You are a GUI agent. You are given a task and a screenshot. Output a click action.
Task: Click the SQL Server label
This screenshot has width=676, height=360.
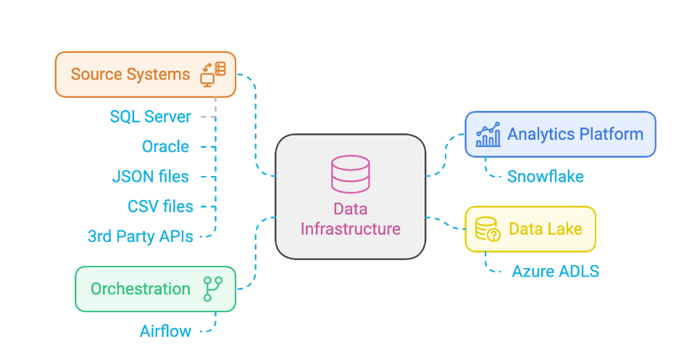[151, 117]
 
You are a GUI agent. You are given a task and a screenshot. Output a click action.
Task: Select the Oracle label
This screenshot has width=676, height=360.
[166, 146]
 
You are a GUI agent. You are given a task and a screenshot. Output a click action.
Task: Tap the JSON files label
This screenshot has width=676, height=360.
[151, 176]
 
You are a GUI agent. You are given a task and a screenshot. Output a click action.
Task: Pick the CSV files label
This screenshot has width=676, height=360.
[161, 206]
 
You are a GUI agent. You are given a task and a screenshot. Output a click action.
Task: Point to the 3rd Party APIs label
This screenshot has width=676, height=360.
[141, 236]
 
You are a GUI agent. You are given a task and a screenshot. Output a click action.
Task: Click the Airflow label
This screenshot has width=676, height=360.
[166, 332]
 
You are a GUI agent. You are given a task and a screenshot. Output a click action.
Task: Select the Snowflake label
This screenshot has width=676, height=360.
[546, 176]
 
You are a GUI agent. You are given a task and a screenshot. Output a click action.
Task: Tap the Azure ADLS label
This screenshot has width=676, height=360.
[556, 272]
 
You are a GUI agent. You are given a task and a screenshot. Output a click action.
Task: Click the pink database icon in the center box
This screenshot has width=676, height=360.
[350, 174]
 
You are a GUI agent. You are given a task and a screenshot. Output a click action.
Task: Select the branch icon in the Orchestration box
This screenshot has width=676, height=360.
[213, 288]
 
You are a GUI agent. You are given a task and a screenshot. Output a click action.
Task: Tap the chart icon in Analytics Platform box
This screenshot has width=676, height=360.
[488, 134]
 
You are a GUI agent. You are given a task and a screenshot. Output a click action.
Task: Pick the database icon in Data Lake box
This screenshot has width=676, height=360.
[488, 229]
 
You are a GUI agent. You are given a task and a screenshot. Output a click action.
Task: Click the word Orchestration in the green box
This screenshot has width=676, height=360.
[141, 289]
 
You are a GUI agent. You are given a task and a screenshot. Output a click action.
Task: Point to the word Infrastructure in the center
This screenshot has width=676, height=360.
[351, 229]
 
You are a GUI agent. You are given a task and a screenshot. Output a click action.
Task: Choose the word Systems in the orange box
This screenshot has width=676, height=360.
[158, 74]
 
